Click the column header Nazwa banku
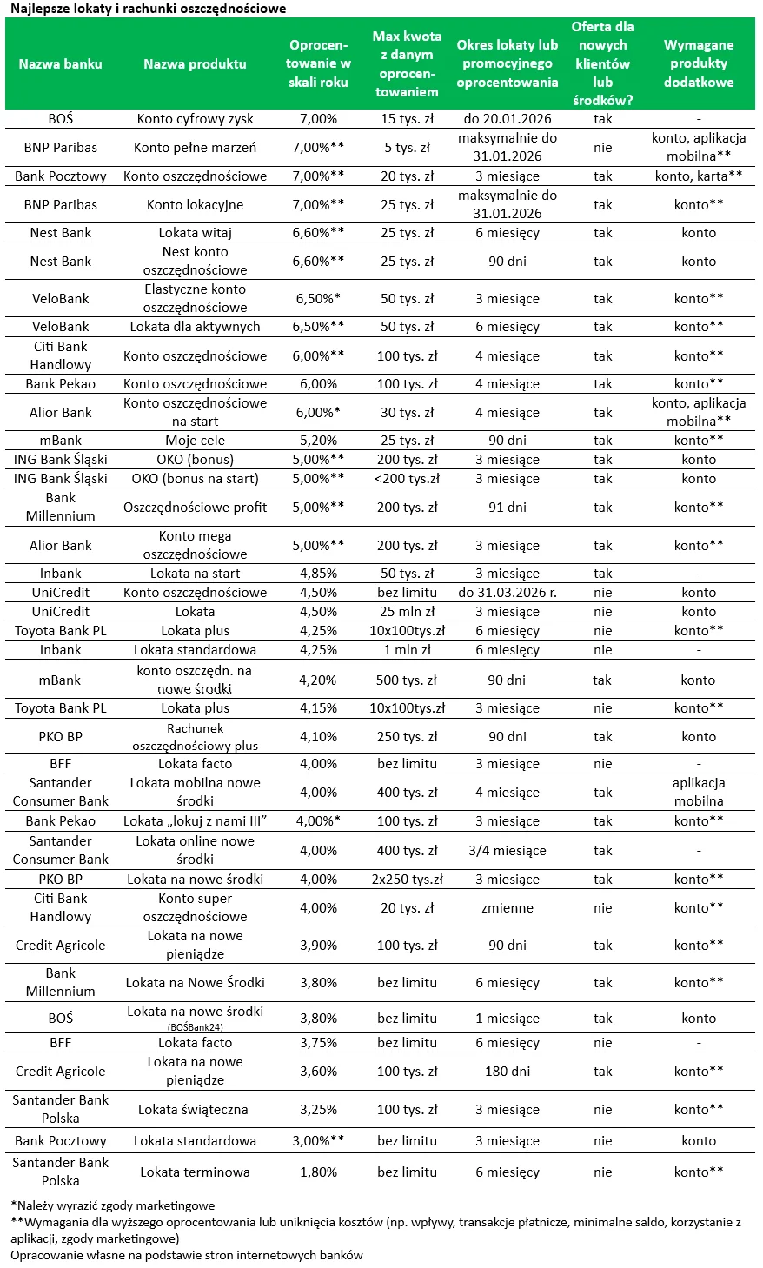(x=60, y=63)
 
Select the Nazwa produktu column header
(x=195, y=63)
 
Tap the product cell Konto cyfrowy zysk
(x=195, y=119)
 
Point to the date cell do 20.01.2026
(x=508, y=119)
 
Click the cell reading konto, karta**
(x=699, y=176)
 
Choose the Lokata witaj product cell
(x=195, y=233)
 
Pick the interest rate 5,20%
(x=318, y=441)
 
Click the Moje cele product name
(x=195, y=441)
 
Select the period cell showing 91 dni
(x=508, y=508)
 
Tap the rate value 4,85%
(x=318, y=574)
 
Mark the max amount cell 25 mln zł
(x=407, y=612)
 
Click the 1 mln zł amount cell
(x=407, y=650)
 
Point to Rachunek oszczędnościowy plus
(x=195, y=737)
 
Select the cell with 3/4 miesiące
(x=508, y=851)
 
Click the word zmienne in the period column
(x=508, y=908)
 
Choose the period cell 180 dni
(x=508, y=1072)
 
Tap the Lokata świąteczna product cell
(x=195, y=1110)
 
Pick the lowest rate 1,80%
(x=318, y=1172)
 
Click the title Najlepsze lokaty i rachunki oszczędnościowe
(x=148, y=9)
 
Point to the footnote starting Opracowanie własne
(x=186, y=1255)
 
